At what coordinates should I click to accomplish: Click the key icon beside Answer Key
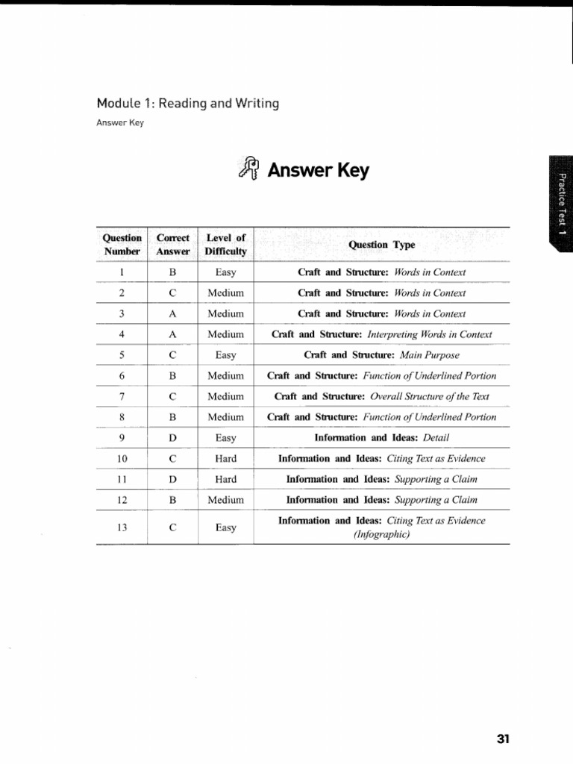point(249,169)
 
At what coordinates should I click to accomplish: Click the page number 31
point(503,739)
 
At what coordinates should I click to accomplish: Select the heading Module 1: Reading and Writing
point(187,103)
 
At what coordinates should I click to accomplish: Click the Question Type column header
point(381,245)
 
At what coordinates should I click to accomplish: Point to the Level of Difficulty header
point(225,245)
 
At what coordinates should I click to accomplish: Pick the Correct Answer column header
point(173,245)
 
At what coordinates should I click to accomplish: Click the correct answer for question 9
point(172,438)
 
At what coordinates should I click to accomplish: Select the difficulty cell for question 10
point(225,459)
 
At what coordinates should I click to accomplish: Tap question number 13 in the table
point(122,527)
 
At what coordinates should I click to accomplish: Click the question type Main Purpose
point(381,355)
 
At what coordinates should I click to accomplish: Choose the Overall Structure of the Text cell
point(381,397)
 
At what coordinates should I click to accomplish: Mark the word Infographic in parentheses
point(381,534)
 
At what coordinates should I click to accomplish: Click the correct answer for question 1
point(172,272)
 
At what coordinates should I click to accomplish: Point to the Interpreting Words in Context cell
point(381,335)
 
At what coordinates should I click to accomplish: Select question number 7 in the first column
point(122,397)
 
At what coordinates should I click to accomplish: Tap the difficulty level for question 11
point(225,480)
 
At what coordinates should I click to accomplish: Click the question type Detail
point(381,438)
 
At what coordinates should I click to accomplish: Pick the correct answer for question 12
point(172,500)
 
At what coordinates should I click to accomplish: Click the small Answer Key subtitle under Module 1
point(119,123)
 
